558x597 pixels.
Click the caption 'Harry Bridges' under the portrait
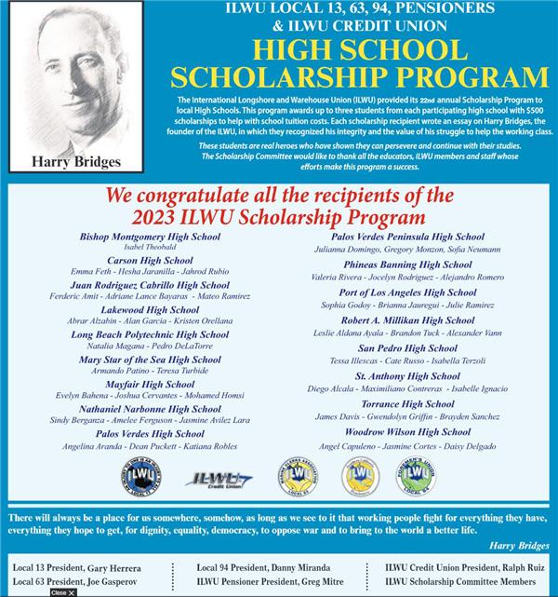[76, 162]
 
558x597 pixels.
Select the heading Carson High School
[137, 261]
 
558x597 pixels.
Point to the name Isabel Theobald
[137, 248]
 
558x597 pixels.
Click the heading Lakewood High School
[137, 309]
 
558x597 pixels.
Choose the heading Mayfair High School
[137, 383]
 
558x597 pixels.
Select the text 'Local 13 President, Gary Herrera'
[77, 568]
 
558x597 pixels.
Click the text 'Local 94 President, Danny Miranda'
[264, 567]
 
